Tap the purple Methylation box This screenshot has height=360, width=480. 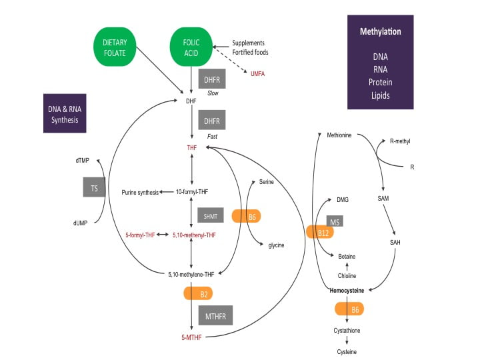coord(380,61)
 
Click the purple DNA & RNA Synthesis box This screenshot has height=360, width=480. coord(65,115)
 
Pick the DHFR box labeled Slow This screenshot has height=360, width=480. coord(211,79)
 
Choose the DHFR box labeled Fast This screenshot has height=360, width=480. coord(211,121)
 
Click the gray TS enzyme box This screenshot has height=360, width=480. coord(94,188)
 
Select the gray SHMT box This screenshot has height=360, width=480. coord(211,216)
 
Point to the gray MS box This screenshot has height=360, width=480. coord(334,221)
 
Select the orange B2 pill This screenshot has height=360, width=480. coord(204,293)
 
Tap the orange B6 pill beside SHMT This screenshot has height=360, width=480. coord(245,216)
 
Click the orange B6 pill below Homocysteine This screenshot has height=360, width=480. coord(349,309)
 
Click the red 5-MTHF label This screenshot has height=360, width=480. coord(191,338)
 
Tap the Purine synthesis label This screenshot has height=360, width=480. coord(140,192)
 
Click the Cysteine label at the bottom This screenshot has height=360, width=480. coord(346,352)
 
